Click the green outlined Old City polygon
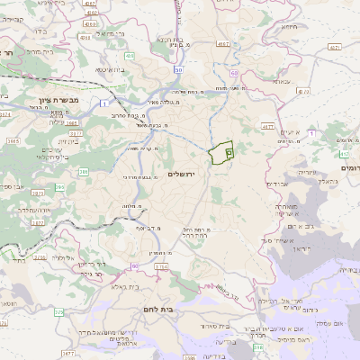click(221, 153)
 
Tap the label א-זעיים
click(290, 132)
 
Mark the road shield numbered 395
click(59, 187)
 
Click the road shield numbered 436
click(130, 56)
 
